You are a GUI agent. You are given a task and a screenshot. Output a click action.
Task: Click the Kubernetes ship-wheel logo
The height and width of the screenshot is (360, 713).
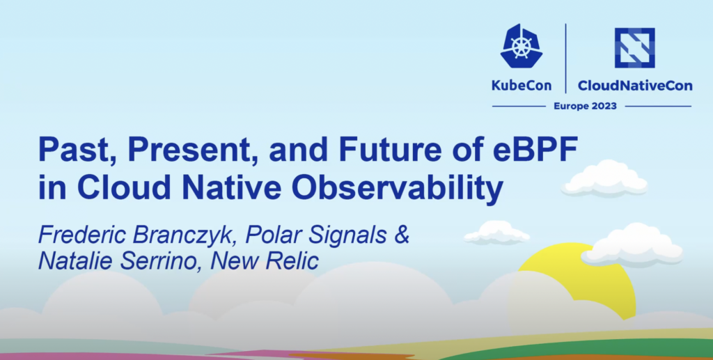pyautogui.click(x=521, y=46)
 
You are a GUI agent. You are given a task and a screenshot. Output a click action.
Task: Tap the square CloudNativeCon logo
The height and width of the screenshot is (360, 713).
pyautogui.click(x=635, y=48)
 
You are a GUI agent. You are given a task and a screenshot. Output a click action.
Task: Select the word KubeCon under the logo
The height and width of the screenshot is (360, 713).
pyautogui.click(x=522, y=86)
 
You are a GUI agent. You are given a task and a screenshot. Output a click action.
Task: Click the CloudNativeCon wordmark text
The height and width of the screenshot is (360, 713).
pyautogui.click(x=635, y=86)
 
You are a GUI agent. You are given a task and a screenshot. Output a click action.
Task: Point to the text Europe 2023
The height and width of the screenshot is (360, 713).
pyautogui.click(x=585, y=107)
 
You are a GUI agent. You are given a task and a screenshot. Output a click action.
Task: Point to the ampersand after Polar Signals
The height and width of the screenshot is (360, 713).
pyautogui.click(x=402, y=235)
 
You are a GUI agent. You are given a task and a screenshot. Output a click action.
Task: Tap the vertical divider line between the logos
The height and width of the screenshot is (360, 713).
pyautogui.click(x=566, y=58)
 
